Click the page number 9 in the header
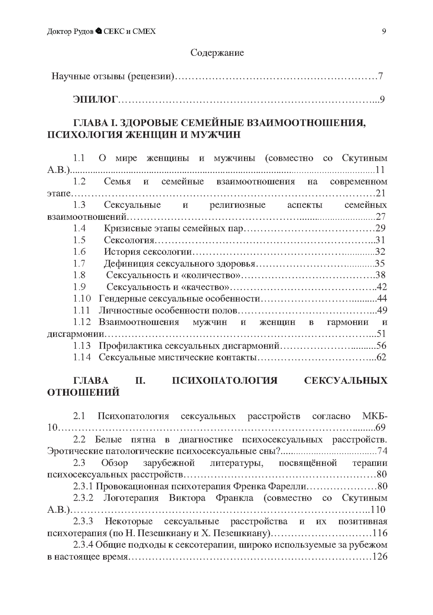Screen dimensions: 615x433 384,31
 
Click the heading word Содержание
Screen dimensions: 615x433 217,53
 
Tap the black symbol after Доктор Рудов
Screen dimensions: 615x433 99,31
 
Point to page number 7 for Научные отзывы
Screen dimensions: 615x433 381,76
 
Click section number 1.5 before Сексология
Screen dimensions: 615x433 79,240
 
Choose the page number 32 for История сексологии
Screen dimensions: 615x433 380,251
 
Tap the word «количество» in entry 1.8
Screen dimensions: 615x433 209,275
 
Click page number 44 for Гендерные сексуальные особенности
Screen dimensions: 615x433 382,299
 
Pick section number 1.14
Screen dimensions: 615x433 82,357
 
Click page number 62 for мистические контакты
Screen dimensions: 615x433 381,357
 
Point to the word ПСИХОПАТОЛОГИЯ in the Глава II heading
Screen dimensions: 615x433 225,381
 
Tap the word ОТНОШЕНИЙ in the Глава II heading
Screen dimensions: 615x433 83,392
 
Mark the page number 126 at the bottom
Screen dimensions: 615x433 380,557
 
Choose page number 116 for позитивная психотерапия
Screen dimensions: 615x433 380,533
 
